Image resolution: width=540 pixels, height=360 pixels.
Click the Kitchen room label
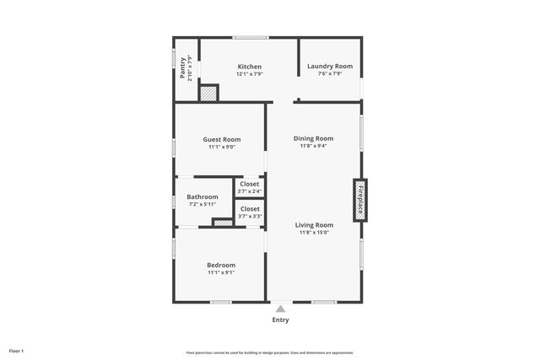click(249, 67)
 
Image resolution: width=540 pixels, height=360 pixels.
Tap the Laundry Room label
click(330, 67)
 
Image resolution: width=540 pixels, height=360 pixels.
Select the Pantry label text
click(184, 67)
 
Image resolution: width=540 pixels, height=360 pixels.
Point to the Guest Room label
click(221, 139)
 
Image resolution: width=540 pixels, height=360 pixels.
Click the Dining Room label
click(313, 138)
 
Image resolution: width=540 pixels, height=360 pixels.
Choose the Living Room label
click(314, 225)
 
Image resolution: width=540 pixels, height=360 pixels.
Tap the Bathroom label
click(202, 196)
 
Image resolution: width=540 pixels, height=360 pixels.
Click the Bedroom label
click(221, 265)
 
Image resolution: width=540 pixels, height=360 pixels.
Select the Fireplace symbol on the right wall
click(360, 201)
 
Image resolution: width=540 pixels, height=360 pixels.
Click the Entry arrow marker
click(280, 309)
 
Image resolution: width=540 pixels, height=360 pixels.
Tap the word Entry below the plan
click(280, 320)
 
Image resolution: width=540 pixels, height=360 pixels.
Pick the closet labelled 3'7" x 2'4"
click(250, 187)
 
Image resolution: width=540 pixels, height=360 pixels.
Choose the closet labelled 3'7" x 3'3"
click(250, 212)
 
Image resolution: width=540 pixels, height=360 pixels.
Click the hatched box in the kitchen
click(208, 93)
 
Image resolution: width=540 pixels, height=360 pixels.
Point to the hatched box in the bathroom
click(223, 223)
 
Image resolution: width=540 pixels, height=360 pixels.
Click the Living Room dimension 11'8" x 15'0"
click(314, 233)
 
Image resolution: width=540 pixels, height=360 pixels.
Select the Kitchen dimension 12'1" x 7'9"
click(249, 74)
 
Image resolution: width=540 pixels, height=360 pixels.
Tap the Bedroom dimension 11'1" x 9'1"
click(221, 272)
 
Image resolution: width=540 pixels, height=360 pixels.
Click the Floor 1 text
click(16, 351)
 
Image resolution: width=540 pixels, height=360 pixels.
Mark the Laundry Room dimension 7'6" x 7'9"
click(330, 74)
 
